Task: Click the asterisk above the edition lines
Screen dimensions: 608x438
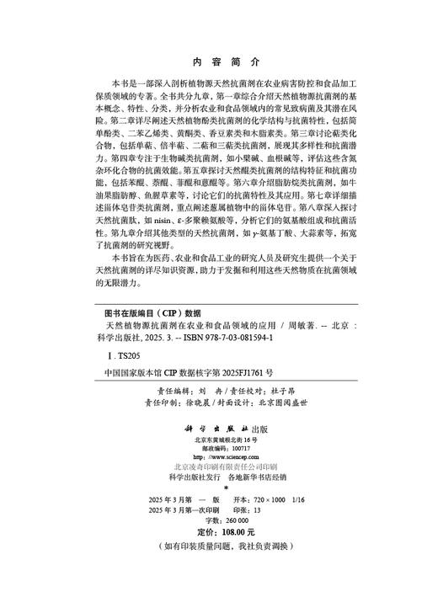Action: tap(218, 511)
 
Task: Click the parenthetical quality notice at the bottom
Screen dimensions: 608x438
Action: tap(218, 570)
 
